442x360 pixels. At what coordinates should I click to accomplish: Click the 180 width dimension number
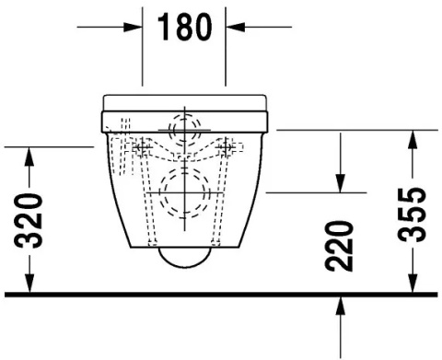[x=184, y=28]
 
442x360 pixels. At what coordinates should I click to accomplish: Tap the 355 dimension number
[x=415, y=213]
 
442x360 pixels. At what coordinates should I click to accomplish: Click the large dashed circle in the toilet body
[x=184, y=194]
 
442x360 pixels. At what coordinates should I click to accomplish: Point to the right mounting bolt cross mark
[x=227, y=146]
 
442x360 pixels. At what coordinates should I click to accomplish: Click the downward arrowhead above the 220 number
[x=342, y=183]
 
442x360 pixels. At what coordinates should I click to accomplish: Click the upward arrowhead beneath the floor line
[x=342, y=307]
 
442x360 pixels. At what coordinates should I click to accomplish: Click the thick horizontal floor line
[x=221, y=296]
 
